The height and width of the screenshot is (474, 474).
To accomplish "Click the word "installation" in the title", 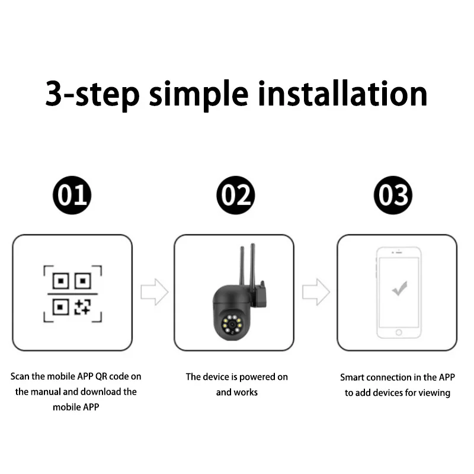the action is pos(342,94).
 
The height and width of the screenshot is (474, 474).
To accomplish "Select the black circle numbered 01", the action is pos(72,195).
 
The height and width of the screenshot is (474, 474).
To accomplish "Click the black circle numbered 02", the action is pos(236,195).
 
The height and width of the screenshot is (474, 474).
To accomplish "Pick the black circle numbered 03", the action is pos(393,195).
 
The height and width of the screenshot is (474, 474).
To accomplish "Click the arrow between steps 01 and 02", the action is pos(155,292).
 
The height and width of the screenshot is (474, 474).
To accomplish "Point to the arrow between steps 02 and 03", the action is pos(316,292).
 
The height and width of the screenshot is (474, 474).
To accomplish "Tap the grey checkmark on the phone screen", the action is pos(399,289).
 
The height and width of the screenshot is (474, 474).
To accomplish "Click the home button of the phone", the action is pos(399,332).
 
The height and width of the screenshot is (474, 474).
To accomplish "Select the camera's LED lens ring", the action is pos(232,324).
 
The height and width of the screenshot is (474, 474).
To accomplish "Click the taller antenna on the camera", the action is pos(253,264).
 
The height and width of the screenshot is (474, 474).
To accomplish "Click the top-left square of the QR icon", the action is pos(61,281).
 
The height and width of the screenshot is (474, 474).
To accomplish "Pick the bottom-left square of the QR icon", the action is pos(61,307).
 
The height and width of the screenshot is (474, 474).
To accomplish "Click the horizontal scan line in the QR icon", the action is pos(72,294).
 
